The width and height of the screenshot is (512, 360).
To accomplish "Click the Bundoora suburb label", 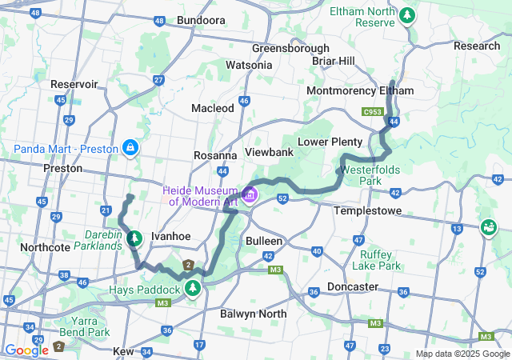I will (x=202, y=20).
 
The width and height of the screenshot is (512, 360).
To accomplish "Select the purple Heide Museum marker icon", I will (x=250, y=195).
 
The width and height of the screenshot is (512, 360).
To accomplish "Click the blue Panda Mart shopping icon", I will (x=130, y=148).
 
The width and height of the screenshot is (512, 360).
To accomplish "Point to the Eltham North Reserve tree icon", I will (x=408, y=14).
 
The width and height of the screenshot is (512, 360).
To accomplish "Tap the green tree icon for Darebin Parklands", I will (x=134, y=238).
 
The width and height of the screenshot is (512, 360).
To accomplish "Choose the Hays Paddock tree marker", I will (x=192, y=286).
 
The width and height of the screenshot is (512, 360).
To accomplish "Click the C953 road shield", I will (x=372, y=112).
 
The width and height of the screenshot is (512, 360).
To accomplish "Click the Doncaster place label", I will (x=352, y=286).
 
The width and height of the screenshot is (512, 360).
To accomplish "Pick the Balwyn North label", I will (x=253, y=314).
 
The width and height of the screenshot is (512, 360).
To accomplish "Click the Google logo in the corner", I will (x=26, y=350).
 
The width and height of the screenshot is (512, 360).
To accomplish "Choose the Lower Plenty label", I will (x=330, y=142).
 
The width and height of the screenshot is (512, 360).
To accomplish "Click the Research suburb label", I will (x=476, y=46).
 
